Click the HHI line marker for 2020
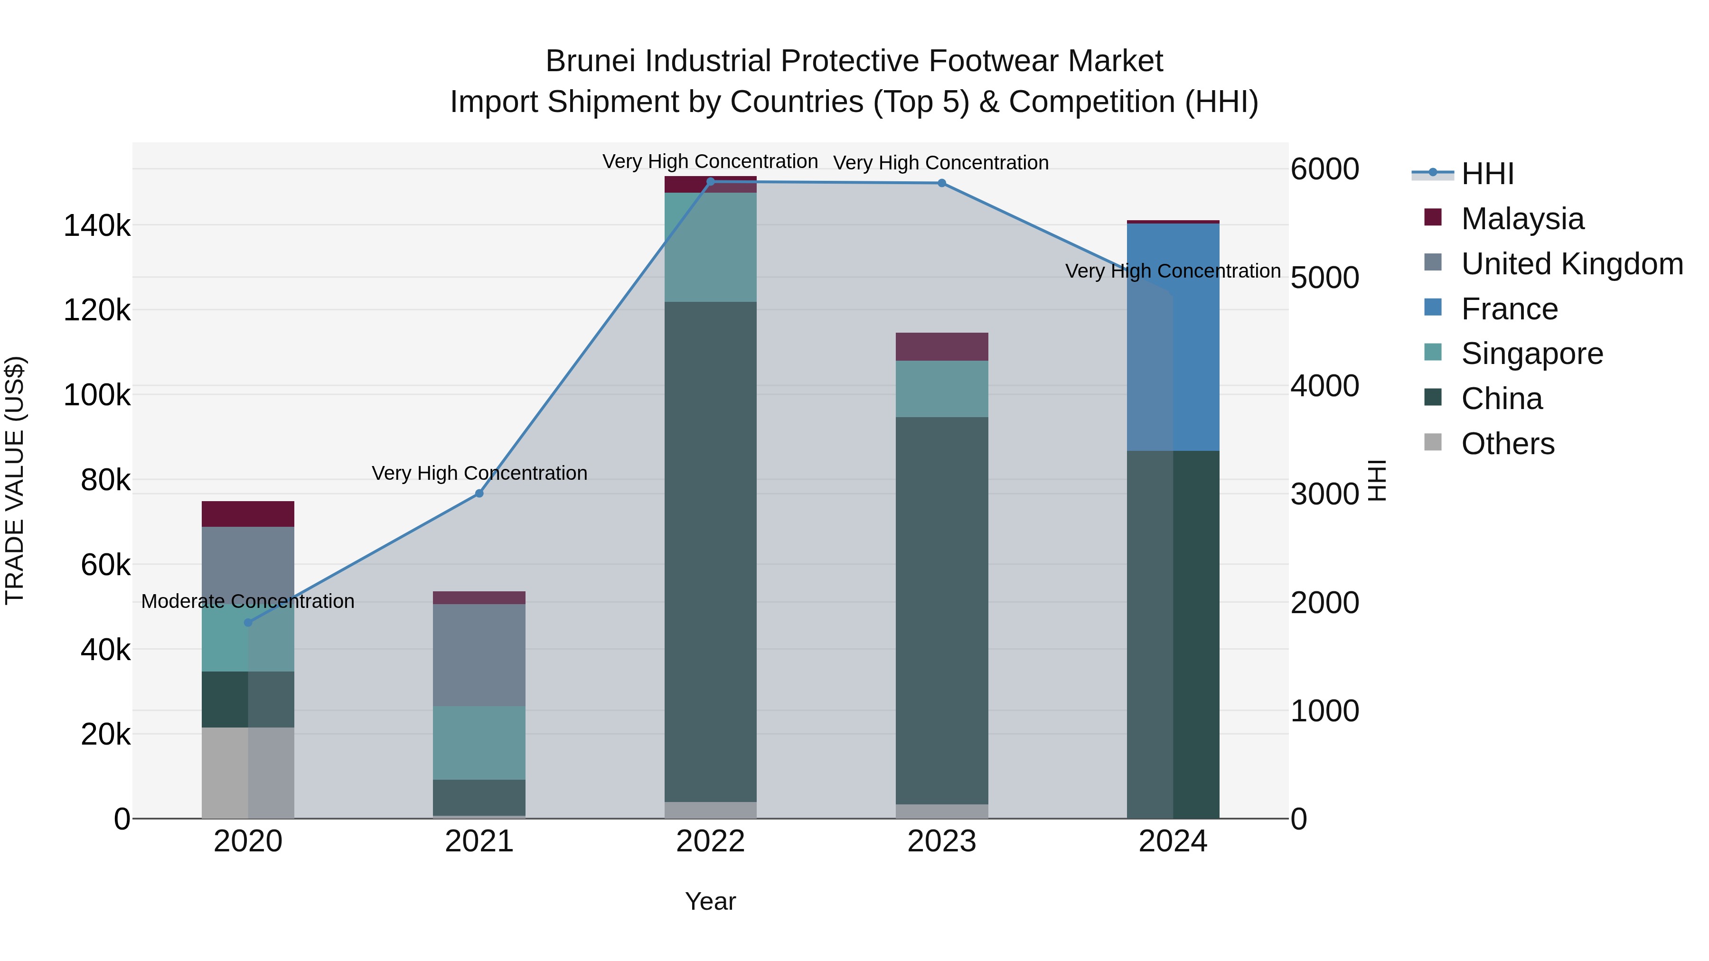[248, 622]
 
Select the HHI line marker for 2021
[479, 494]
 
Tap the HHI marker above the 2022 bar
[711, 182]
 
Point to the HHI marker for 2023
[941, 183]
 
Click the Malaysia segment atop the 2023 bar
[941, 347]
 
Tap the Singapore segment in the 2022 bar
[711, 247]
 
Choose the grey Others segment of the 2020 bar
[248, 773]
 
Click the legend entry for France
[1509, 309]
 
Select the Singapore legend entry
[1531, 354]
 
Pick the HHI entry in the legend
[1487, 174]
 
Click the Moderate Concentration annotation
[248, 602]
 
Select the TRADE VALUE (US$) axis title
[15, 480]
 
